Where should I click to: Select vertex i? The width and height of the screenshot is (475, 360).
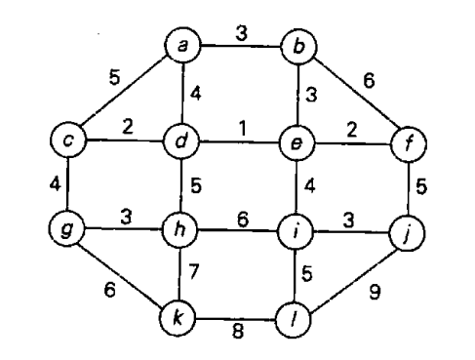296,233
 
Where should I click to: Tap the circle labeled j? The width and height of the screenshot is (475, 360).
409,233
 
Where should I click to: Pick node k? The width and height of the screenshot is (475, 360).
181,318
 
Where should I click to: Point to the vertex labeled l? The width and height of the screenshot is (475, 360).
296,318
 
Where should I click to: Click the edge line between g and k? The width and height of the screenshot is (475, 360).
123,274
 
